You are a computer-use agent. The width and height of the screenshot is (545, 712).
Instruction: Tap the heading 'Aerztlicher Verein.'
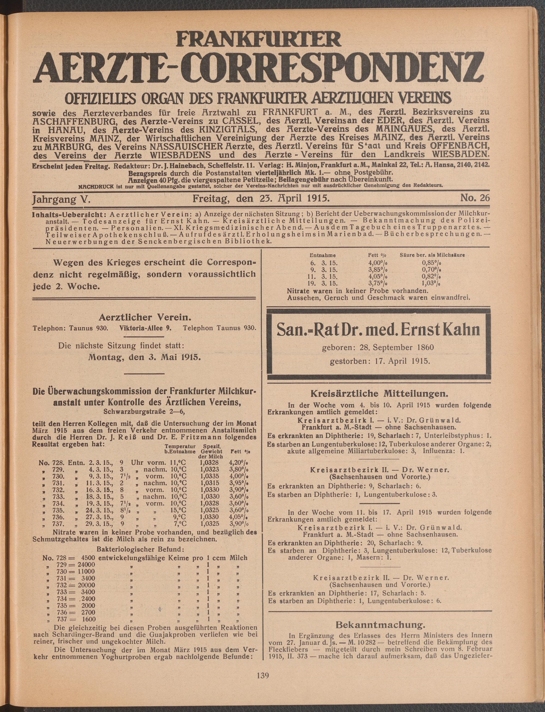(144, 317)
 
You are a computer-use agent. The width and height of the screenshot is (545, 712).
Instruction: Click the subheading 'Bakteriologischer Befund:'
(140, 549)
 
